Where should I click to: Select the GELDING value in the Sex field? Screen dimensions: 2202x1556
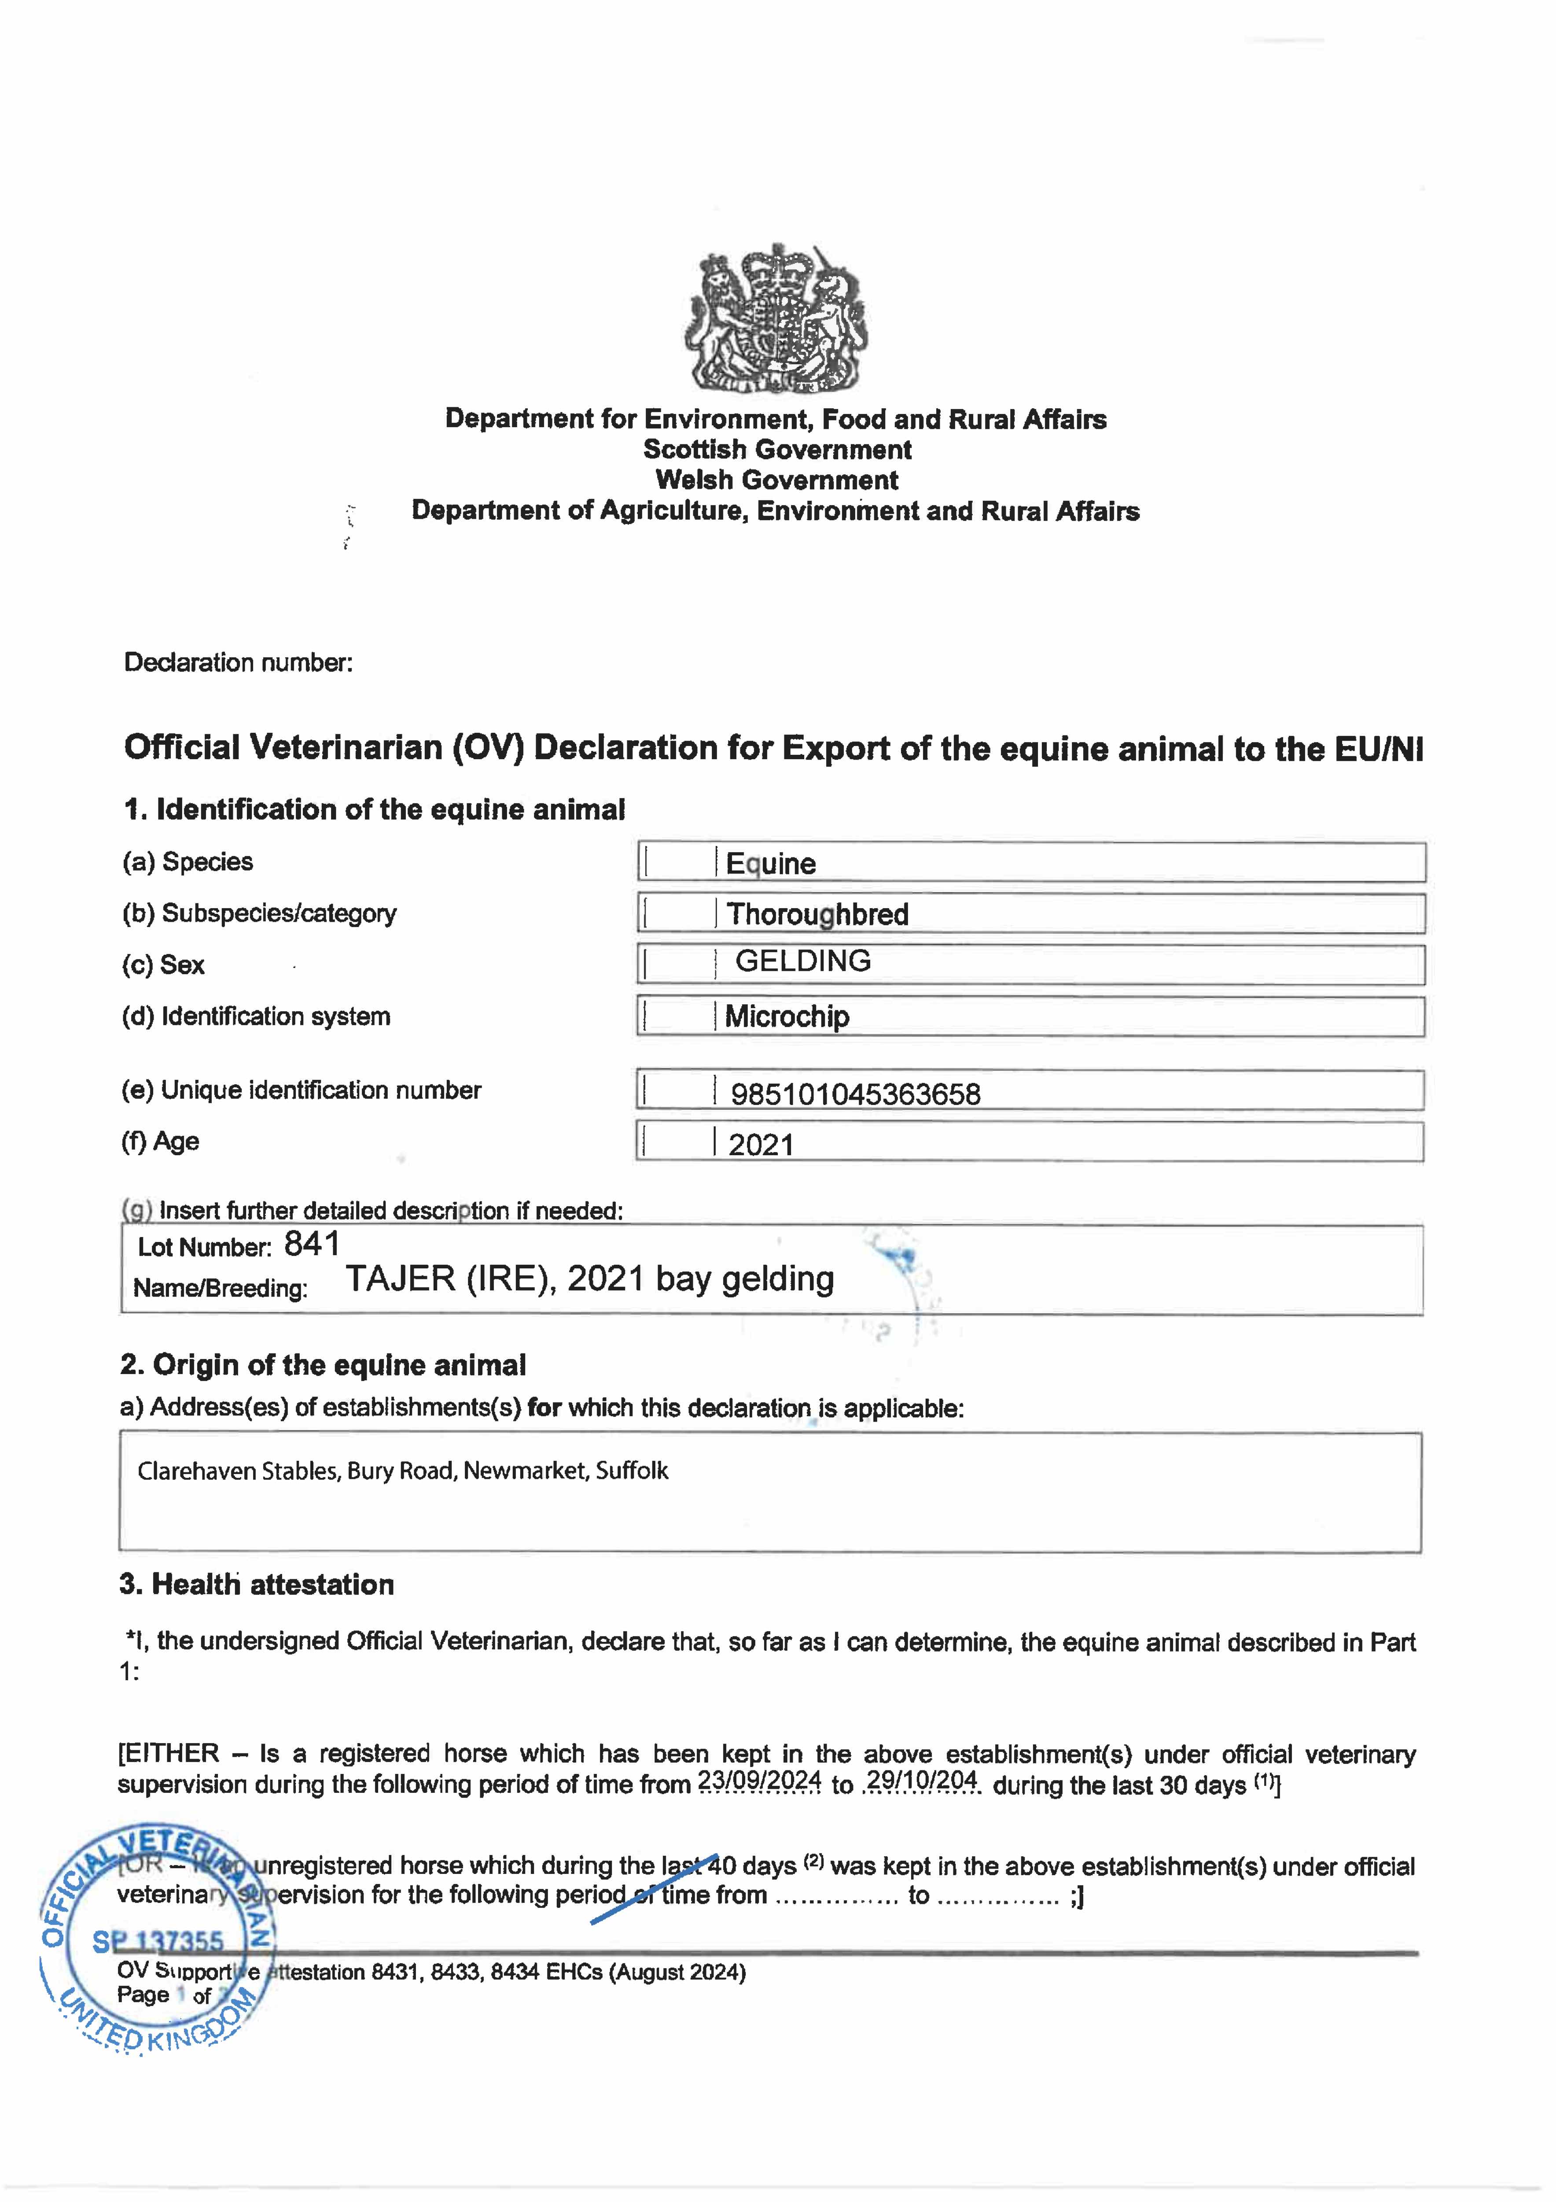tap(802, 961)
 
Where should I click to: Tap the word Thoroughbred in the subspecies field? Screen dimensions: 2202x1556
tap(817, 914)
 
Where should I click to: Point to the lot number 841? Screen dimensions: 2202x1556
tap(312, 1244)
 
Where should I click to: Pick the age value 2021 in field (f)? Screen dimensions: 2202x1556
tap(761, 1145)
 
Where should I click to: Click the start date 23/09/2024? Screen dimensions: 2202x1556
tap(759, 1782)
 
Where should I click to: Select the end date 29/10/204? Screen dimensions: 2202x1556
tap(921, 1782)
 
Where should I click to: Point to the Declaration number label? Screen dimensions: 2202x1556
tap(238, 663)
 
